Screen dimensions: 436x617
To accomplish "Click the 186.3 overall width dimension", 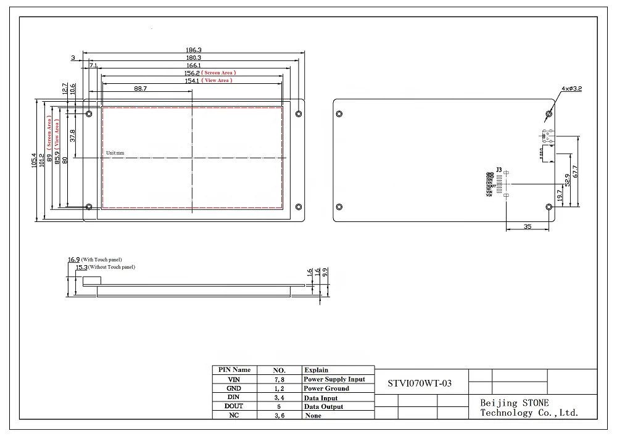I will tap(194, 49).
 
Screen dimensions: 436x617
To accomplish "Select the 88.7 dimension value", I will tap(140, 89).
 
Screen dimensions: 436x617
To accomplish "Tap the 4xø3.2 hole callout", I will tap(571, 89).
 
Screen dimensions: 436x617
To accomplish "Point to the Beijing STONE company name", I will tap(518, 402).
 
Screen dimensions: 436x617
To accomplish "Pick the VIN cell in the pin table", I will tap(234, 379).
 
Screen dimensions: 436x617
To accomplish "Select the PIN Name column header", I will tap(234, 369).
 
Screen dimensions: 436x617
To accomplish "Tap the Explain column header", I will tap(316, 370).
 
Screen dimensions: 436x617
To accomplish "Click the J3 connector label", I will tap(499, 169).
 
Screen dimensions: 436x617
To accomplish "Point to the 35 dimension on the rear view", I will tap(527, 227).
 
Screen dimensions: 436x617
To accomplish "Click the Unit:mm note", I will tap(115, 152).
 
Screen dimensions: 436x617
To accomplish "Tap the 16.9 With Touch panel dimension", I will tap(74, 260).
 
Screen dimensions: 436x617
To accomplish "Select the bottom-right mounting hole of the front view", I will tap(299, 207).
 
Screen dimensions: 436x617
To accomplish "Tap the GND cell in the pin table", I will tap(234, 389).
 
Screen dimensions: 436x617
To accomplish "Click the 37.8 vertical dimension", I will tap(72, 135).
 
